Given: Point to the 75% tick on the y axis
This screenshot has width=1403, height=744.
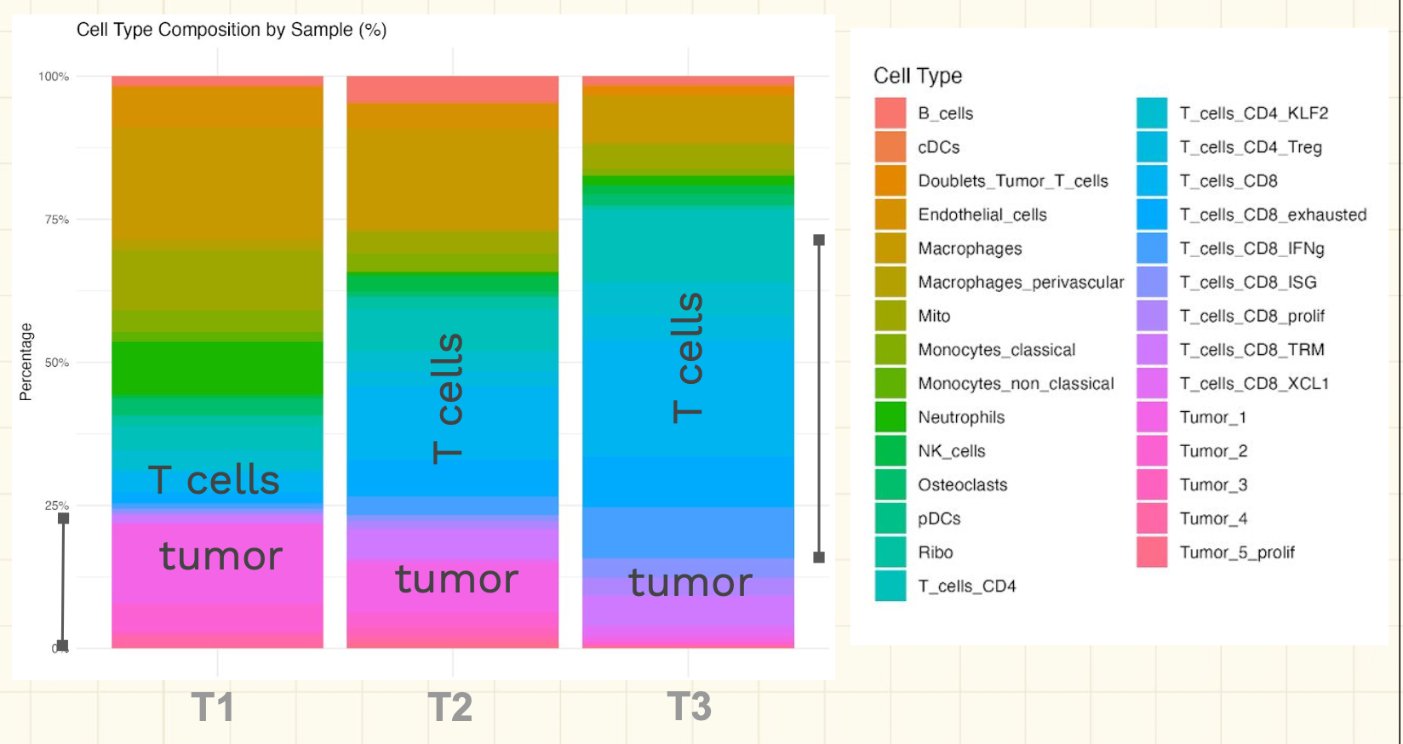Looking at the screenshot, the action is click(x=56, y=219).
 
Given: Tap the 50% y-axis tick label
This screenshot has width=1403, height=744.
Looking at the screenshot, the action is click(x=56, y=363).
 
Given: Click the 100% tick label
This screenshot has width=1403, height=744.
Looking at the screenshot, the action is click(x=54, y=77).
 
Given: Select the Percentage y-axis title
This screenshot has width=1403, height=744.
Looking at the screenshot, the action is click(x=26, y=362).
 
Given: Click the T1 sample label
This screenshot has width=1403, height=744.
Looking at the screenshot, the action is click(x=213, y=707).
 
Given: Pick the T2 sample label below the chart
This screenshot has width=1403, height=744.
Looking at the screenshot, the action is click(x=450, y=707).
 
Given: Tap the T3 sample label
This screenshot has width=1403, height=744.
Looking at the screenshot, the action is click(x=689, y=706).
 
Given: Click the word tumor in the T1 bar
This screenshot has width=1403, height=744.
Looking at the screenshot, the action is click(x=221, y=556).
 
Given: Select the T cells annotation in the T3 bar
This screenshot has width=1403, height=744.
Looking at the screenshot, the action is click(x=689, y=358).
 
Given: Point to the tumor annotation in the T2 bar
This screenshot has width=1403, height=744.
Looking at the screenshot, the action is click(x=456, y=579).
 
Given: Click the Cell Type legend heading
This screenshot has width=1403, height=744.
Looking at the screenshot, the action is click(x=918, y=76).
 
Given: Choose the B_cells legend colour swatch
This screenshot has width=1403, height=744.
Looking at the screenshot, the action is click(x=890, y=113).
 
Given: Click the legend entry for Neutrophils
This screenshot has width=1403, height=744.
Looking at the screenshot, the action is click(x=961, y=417).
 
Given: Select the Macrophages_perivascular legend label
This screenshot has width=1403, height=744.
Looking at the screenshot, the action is click(x=1021, y=283).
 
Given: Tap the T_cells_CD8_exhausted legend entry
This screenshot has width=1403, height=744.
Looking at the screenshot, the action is click(x=1273, y=215).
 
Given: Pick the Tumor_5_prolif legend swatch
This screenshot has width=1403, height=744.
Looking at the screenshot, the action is click(x=1152, y=552).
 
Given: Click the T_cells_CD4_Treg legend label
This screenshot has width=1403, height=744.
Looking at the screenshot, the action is click(x=1251, y=147).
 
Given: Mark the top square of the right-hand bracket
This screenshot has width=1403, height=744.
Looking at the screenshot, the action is click(x=819, y=240).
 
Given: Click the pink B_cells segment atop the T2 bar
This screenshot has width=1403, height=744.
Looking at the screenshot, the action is click(x=453, y=89).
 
